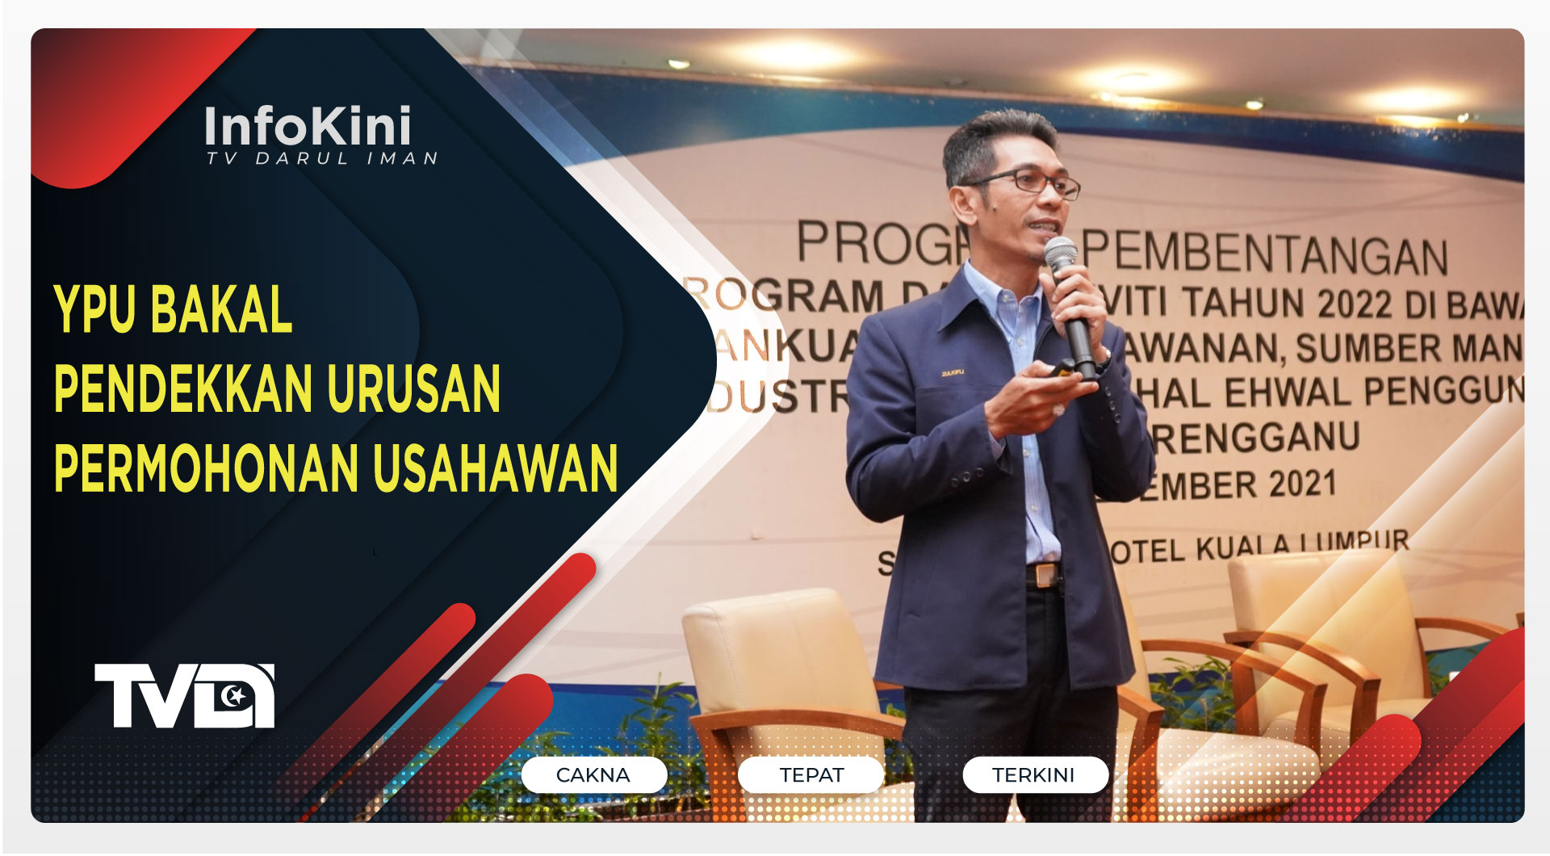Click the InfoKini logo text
pos(307,126)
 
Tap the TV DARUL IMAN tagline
pos(321,159)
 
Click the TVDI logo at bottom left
pos(185,695)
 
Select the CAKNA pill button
pos(593,775)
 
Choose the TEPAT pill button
pos(811,775)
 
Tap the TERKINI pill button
pos(1033,775)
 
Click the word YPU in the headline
pos(94,308)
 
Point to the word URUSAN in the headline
pos(413,388)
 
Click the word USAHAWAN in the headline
pos(495,468)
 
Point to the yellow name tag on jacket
pos(953,372)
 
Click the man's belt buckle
pos(1045,575)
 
